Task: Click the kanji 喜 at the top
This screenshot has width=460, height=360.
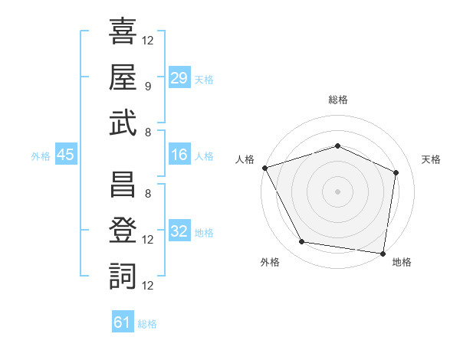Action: pyautogui.click(x=123, y=31)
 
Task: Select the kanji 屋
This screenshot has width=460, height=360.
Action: pyautogui.click(x=123, y=77)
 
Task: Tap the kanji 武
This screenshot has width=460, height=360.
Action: pyautogui.click(x=123, y=123)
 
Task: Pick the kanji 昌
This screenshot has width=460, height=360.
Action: pyautogui.click(x=123, y=184)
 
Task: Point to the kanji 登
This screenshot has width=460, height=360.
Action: pyautogui.click(x=123, y=230)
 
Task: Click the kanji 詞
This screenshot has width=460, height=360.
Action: pyautogui.click(x=123, y=277)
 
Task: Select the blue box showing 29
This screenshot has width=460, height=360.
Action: pyautogui.click(x=179, y=77)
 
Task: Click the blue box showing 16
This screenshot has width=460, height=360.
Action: pyautogui.click(x=179, y=154)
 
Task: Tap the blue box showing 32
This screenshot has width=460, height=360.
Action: pyautogui.click(x=179, y=230)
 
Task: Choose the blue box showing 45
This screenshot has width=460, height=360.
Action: pyautogui.click(x=66, y=154)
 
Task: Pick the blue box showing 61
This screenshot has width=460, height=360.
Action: pyautogui.click(x=123, y=321)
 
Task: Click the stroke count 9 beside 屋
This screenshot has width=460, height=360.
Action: pyautogui.click(x=148, y=87)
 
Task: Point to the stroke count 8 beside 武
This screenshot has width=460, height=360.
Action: pyautogui.click(x=148, y=133)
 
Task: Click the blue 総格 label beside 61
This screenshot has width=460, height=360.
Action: pyautogui.click(x=147, y=324)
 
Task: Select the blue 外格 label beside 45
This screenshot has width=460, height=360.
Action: pyautogui.click(x=41, y=156)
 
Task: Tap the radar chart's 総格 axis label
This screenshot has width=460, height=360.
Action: pyautogui.click(x=338, y=100)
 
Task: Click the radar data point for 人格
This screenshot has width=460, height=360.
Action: pyautogui.click(x=265, y=168)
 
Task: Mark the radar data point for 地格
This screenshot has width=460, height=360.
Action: pyautogui.click(x=383, y=254)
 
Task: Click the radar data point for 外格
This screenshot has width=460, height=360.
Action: pyautogui.click(x=301, y=241)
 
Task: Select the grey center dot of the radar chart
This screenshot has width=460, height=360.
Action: pyautogui.click(x=337, y=191)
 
